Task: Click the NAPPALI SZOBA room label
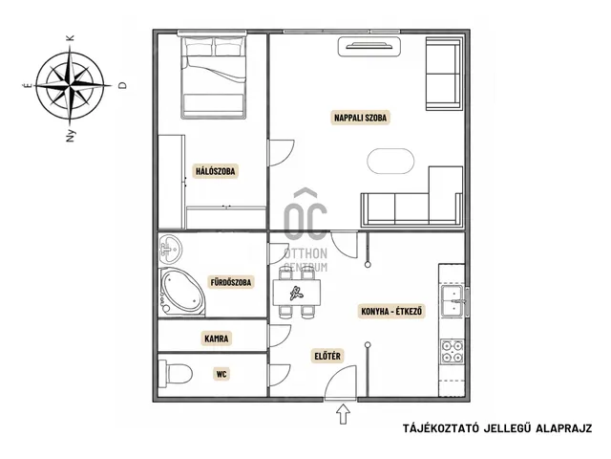pos(361,118)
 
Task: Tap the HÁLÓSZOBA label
pos(216,171)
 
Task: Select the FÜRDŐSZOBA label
pos(231,282)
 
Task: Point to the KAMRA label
pos(217,339)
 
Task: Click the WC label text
pos(221,374)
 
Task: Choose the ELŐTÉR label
pos(327,356)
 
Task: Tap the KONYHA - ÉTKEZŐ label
pos(391,312)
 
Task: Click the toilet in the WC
pos(176,374)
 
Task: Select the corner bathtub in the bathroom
pos(181,292)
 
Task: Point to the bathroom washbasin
pos(170,249)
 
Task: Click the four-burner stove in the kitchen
pos(452,351)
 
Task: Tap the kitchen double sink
pos(453,300)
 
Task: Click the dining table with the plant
pos(297,293)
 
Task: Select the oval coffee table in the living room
pos(390,161)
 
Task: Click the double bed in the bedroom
pos(214,76)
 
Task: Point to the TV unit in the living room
pos(369,47)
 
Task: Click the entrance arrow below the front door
pos(343,414)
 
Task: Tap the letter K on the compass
pos(70,38)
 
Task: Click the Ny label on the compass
pos(70,136)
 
